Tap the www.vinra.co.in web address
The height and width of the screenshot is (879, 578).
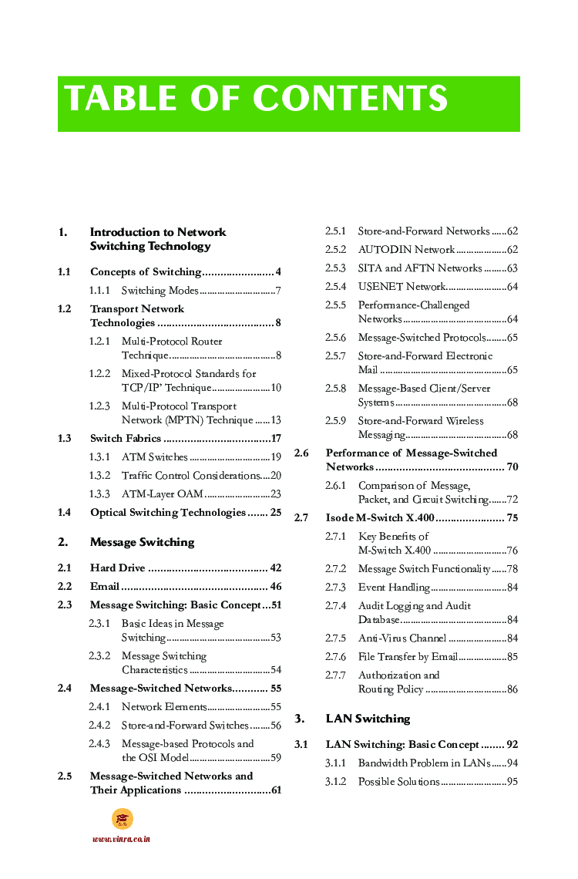click(x=121, y=839)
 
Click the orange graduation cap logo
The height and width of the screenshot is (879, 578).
click(x=122, y=818)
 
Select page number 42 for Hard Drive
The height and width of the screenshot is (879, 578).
click(x=275, y=568)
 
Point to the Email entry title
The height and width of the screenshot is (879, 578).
click(x=104, y=587)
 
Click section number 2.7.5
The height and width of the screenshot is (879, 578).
click(x=335, y=638)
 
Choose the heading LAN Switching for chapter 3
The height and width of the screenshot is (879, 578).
click(x=368, y=719)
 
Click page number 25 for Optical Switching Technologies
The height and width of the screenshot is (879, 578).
click(x=275, y=513)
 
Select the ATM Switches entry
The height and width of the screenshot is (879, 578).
click(x=154, y=457)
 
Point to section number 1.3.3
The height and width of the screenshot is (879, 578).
click(x=99, y=494)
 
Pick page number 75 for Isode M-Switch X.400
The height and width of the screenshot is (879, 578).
click(x=512, y=518)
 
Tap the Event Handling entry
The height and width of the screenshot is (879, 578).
click(x=394, y=588)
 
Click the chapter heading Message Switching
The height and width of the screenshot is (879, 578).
click(x=142, y=542)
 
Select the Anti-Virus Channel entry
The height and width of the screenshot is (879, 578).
click(x=402, y=638)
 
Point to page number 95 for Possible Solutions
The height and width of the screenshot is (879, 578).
click(x=512, y=782)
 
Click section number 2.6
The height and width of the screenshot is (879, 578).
click(x=301, y=453)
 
